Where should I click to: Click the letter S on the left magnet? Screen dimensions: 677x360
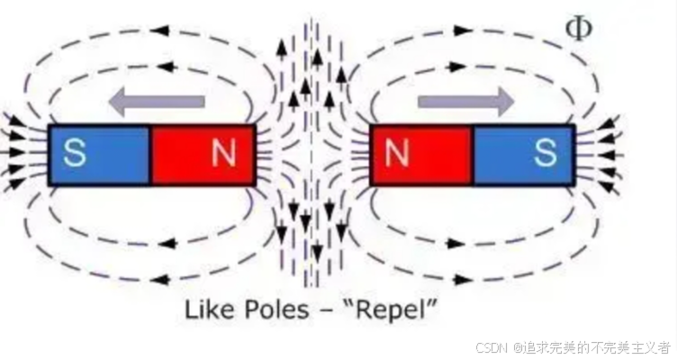tap(76, 155)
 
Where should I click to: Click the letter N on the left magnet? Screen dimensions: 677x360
tap(223, 155)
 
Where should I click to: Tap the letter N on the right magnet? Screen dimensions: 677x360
tap(397, 155)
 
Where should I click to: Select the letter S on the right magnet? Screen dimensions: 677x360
tap(545, 155)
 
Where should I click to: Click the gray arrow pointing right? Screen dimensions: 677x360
tap(465, 103)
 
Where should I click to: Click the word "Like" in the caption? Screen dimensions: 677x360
tap(208, 310)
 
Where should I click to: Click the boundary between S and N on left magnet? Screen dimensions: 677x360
tap(149, 155)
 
